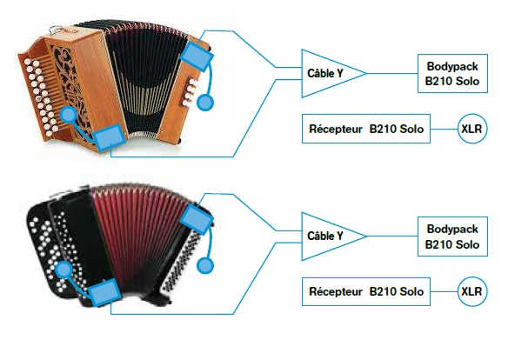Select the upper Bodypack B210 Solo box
pyautogui.click(x=452, y=74)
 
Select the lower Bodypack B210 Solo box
pyautogui.click(x=452, y=237)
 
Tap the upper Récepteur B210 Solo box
pyautogui.click(x=366, y=129)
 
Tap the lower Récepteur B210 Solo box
pyautogui.click(x=366, y=291)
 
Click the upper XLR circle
pyautogui.click(x=472, y=129)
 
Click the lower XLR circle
pyautogui.click(x=472, y=291)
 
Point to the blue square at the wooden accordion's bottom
pyautogui.click(x=110, y=138)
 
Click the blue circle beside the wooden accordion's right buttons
pyautogui.click(x=205, y=103)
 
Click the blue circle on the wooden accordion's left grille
pyautogui.click(x=69, y=115)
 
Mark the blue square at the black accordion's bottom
pyautogui.click(x=104, y=293)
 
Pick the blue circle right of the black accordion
pyautogui.click(x=205, y=265)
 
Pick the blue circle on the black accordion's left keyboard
pyautogui.click(x=64, y=270)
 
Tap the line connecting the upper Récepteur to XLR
pyautogui.click(x=444, y=129)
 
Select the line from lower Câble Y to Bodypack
pyautogui.click(x=391, y=237)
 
